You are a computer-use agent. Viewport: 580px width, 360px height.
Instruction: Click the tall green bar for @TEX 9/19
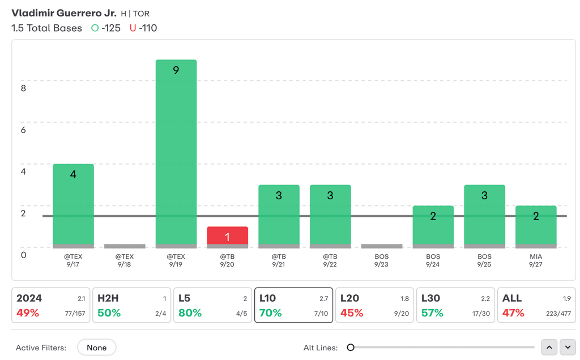176,153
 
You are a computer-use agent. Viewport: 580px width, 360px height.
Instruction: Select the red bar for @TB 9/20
227,236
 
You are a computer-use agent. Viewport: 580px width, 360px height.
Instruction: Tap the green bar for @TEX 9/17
73,205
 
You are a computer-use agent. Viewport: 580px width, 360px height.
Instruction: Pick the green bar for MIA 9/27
536,226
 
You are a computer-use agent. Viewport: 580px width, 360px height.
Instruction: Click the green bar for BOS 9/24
433,226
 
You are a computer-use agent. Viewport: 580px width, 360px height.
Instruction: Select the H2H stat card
131,305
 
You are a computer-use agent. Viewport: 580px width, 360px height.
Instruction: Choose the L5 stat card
212,305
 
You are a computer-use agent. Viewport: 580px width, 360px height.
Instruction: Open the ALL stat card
536,305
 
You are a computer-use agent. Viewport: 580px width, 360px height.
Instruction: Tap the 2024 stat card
50,305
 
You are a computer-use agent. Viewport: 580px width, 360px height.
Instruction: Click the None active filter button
97,348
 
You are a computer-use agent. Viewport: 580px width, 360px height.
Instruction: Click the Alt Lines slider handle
351,348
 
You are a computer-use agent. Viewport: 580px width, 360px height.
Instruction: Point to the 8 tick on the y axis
23,88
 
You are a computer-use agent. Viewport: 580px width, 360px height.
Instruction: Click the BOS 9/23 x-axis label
382,260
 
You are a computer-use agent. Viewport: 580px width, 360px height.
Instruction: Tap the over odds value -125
110,28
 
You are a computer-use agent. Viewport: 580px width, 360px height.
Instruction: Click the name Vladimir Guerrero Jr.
64,13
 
